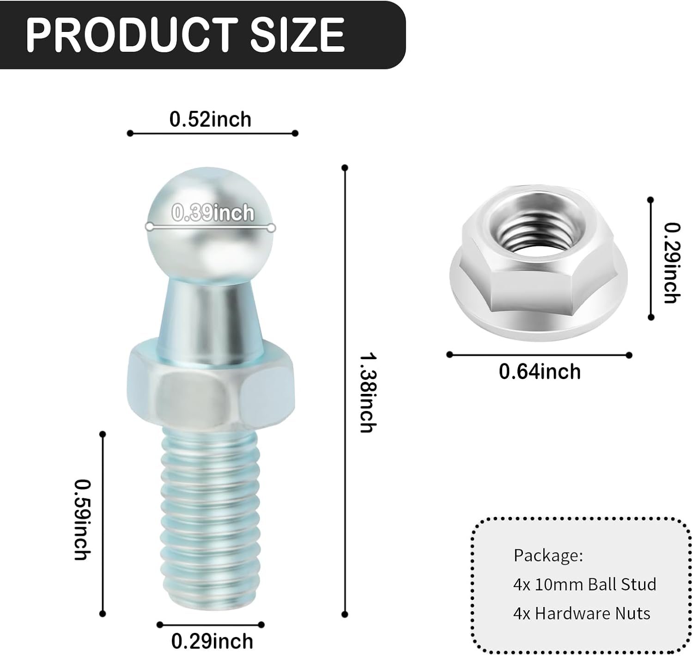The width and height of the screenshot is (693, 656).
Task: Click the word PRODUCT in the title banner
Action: [x=132, y=35]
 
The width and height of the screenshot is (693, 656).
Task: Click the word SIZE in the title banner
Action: [x=297, y=35]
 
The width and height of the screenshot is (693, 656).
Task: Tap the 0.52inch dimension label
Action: [x=210, y=119]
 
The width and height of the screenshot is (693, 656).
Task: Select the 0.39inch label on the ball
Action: [x=213, y=213]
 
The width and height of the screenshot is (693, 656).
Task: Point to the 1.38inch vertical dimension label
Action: [x=368, y=393]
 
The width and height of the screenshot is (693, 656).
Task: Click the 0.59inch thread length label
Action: [x=83, y=520]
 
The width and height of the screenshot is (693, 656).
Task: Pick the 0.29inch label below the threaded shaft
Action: [x=212, y=642]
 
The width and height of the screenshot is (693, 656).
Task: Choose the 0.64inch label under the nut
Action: [x=540, y=372]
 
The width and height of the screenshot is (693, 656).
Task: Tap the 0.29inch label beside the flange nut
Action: [x=672, y=263]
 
